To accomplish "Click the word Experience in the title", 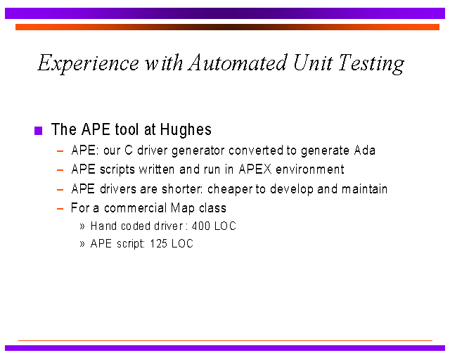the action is click(89, 63).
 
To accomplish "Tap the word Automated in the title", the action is click(238, 63).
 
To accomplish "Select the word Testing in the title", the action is click(371, 64).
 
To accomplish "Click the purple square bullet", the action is click(38, 131).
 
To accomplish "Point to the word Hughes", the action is click(186, 130).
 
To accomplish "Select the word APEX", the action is click(255, 169).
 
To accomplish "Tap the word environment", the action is click(309, 169).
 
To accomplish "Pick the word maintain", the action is click(364, 189).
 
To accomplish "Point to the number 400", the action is click(200, 226).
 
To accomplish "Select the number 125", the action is click(158, 243).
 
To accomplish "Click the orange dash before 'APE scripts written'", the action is click(60, 170).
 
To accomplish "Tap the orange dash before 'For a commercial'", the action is click(60, 209).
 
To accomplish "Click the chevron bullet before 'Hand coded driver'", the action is click(82, 226).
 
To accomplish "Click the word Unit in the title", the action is click(313, 63).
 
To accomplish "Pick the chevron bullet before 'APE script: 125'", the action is click(82, 244).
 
